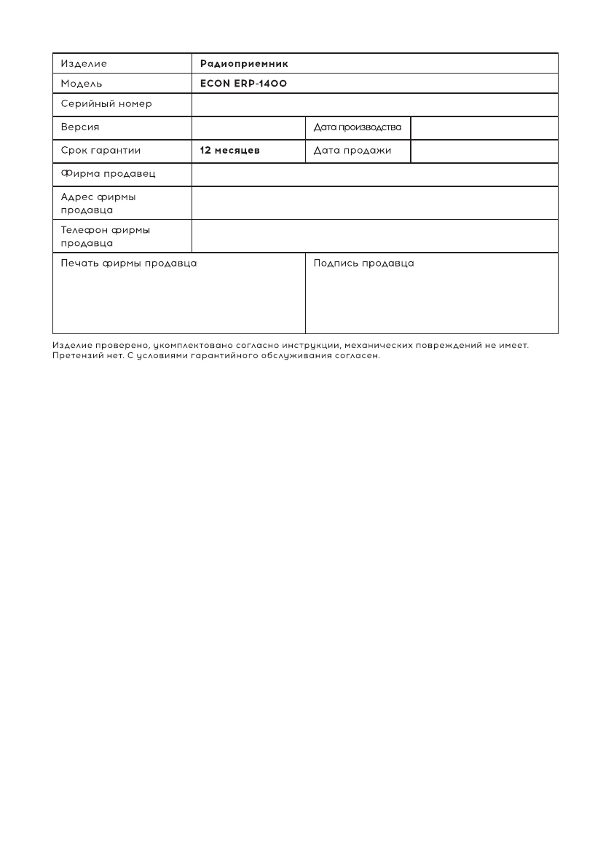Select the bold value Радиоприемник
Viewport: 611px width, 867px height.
point(244,63)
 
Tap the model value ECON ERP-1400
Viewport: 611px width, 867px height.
point(243,84)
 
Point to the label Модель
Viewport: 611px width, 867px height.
point(82,84)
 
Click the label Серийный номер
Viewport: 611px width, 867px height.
point(106,104)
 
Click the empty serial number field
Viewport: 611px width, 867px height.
point(375,105)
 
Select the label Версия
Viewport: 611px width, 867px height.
point(80,127)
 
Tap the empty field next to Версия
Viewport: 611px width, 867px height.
point(248,127)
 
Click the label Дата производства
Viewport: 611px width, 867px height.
point(358,127)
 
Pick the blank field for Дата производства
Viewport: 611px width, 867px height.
point(484,127)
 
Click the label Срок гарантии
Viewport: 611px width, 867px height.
point(100,151)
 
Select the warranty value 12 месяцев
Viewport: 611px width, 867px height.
point(230,151)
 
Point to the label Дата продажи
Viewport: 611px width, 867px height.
point(352,151)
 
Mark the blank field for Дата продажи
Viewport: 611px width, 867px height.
point(484,151)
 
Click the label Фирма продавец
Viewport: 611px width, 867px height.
point(108,174)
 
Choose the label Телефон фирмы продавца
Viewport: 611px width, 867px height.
point(106,236)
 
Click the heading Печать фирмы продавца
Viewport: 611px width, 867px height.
point(129,263)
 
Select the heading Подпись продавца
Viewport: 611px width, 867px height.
point(363,263)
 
